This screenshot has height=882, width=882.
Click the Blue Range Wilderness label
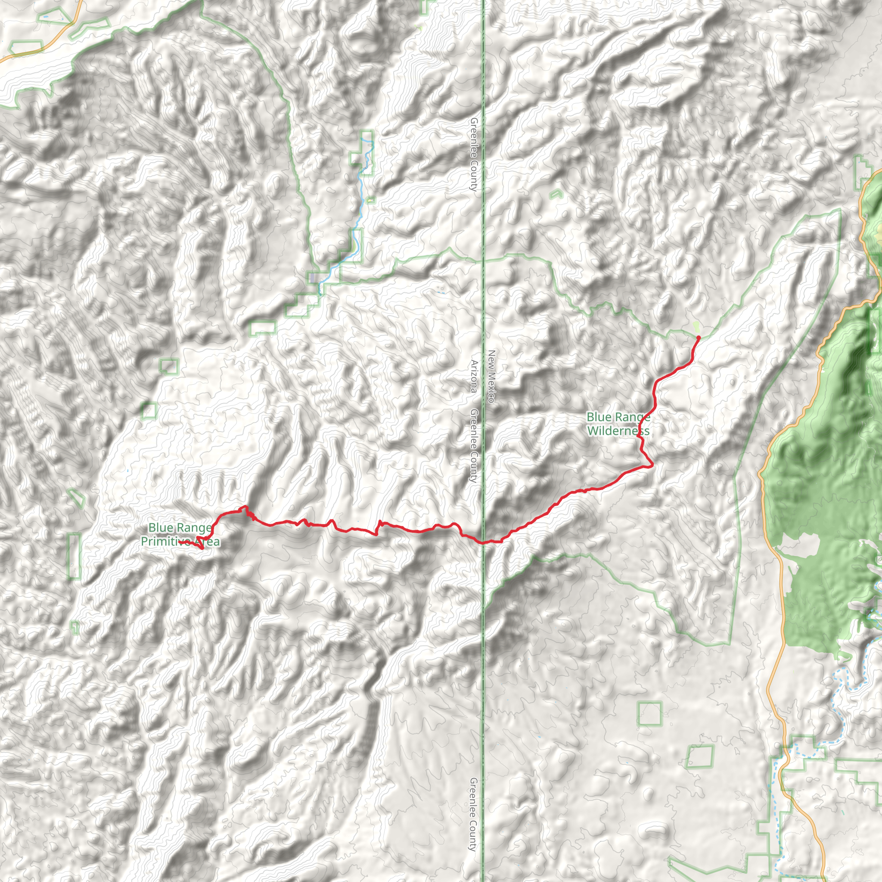click(618, 424)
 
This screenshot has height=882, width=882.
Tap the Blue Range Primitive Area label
click(180, 534)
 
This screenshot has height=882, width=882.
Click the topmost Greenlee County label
click(474, 154)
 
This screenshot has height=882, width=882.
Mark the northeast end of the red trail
click(698, 337)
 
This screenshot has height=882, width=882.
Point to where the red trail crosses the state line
click(483, 542)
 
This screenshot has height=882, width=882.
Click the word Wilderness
click(618, 431)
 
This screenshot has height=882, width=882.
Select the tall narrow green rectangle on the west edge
click(75, 556)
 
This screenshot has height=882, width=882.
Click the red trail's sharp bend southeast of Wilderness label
click(652, 465)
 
